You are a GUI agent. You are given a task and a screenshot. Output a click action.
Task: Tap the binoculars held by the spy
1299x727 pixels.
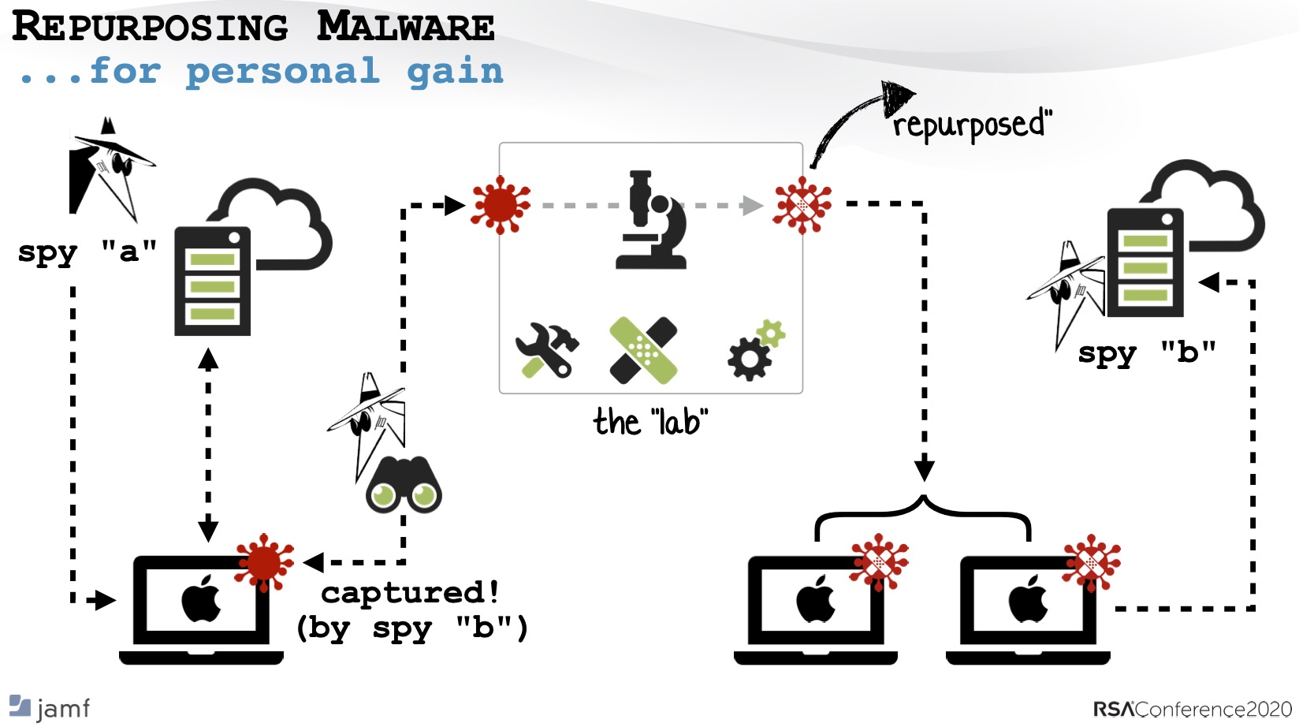pyautogui.click(x=404, y=485)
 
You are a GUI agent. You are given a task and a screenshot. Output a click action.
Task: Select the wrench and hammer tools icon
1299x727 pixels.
pyautogui.click(x=547, y=350)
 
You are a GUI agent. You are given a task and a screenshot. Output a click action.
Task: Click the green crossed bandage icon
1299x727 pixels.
pyautogui.click(x=643, y=350)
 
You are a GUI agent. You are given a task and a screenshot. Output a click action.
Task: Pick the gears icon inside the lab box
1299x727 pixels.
pyautogui.click(x=755, y=350)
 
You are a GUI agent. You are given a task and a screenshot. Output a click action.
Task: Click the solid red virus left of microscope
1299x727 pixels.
pyautogui.click(x=500, y=205)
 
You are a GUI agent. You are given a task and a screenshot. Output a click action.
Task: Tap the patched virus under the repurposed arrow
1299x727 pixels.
pyautogui.click(x=802, y=205)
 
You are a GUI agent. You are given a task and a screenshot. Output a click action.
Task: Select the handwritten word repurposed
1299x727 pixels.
pyautogui.click(x=971, y=125)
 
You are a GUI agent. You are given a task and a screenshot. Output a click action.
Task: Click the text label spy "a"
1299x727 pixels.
pyautogui.click(x=87, y=252)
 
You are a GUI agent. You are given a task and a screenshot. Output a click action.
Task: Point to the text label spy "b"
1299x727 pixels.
pyautogui.click(x=1147, y=352)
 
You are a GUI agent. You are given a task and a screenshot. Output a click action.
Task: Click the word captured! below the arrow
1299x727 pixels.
pyautogui.click(x=410, y=592)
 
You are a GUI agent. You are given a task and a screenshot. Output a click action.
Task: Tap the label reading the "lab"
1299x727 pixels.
pyautogui.click(x=650, y=422)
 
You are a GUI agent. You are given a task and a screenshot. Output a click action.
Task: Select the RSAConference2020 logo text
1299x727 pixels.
pyautogui.click(x=1192, y=709)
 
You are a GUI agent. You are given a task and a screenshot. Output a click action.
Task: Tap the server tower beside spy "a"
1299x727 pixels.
pyautogui.click(x=212, y=281)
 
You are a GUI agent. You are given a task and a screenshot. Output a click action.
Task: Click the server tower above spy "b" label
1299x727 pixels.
pyautogui.click(x=1145, y=263)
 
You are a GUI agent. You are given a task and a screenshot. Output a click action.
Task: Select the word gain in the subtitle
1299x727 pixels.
pyautogui.click(x=455, y=72)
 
